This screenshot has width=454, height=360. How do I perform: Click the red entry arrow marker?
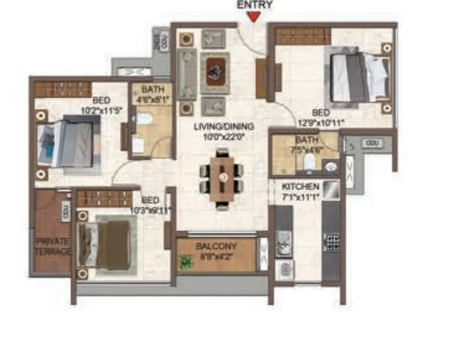[x=252, y=17]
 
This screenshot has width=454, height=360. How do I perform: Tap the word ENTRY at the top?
[x=252, y=5]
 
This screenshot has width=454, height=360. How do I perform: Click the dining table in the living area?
[x=221, y=178]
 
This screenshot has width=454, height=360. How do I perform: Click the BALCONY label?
[x=215, y=246]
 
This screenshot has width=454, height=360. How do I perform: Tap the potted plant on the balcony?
[x=185, y=262]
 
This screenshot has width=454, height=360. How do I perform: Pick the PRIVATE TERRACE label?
[x=52, y=246]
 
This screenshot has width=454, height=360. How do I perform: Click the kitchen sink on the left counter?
[x=283, y=241]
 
